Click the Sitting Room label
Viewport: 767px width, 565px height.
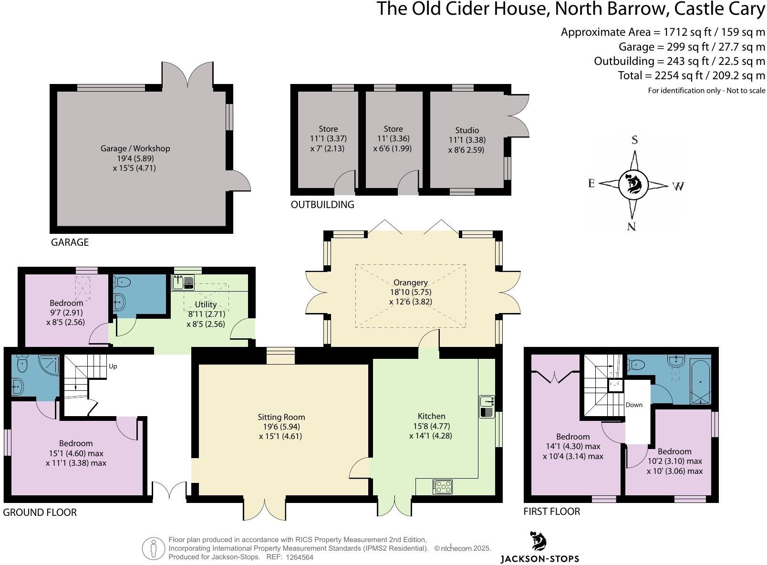tap(281, 417)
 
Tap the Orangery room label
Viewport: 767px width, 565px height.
tap(410, 282)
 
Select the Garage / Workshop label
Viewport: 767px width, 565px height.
tap(135, 148)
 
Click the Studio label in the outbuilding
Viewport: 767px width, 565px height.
tap(467, 130)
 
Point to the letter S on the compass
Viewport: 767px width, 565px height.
tap(634, 140)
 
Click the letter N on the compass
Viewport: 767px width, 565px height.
tap(632, 226)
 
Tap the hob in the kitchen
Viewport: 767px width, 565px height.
tap(442, 487)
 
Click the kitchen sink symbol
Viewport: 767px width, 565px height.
tap(487, 406)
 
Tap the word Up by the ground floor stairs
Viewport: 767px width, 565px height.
tap(113, 366)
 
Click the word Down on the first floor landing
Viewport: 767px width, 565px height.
tap(634, 405)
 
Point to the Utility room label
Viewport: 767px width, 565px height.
tap(206, 304)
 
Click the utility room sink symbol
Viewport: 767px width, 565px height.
tap(183, 282)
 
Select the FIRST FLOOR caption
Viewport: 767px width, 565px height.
tap(551, 512)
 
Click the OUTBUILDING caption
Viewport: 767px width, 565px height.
tap(322, 205)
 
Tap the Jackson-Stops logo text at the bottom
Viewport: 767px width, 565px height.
tap(539, 558)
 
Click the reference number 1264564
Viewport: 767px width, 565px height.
tap(299, 557)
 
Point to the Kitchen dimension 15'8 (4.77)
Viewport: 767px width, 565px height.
tap(431, 426)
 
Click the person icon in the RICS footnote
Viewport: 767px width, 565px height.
tap(153, 549)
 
